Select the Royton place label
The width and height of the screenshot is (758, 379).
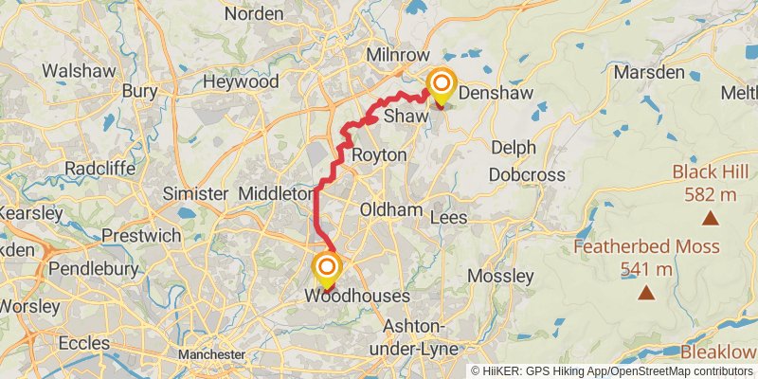379,154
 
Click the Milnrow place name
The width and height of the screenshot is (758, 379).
397,55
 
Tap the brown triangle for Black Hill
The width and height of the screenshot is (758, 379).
710,219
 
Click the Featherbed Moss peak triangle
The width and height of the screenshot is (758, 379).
647,293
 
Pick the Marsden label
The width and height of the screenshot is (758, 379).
649,72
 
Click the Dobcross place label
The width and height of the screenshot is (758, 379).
527,174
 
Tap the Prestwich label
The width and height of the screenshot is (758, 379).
135,234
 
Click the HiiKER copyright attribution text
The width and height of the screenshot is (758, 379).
612,371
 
